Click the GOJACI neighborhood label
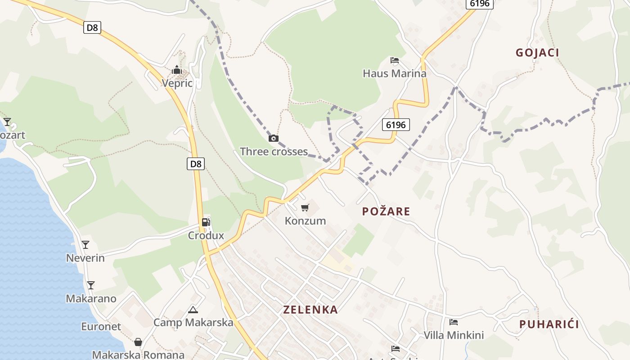pos(537,53)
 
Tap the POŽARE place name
pos(386,211)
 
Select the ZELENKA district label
pos(310,310)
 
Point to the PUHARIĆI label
pos(549,324)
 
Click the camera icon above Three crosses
pos(273,139)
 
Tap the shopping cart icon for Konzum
pos(305,208)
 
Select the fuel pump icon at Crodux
pos(206,222)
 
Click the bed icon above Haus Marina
pos(395,60)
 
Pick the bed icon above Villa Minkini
pos(454,322)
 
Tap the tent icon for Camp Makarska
pos(193,310)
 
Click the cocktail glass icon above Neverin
pos(85,245)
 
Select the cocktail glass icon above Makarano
pos(91,285)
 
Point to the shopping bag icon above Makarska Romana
pos(138,342)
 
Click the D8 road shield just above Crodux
pos(196,164)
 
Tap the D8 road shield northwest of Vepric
pos(92,28)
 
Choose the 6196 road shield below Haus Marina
pos(396,125)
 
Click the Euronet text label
pos(101,327)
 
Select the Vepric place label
pos(177,83)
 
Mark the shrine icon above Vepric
pos(177,70)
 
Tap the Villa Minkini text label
pos(454,335)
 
